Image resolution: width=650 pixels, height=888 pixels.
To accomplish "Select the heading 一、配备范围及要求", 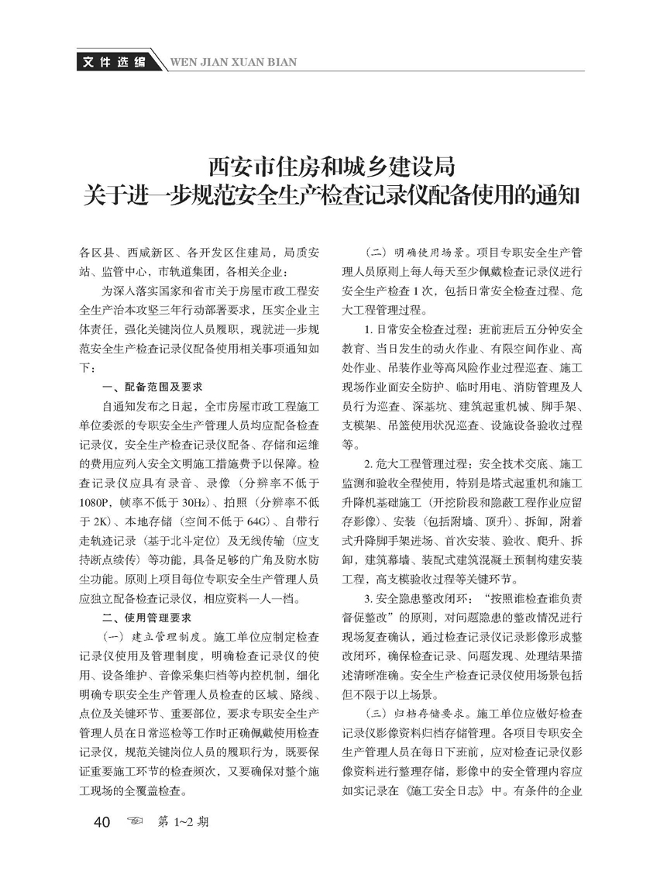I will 153,386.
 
